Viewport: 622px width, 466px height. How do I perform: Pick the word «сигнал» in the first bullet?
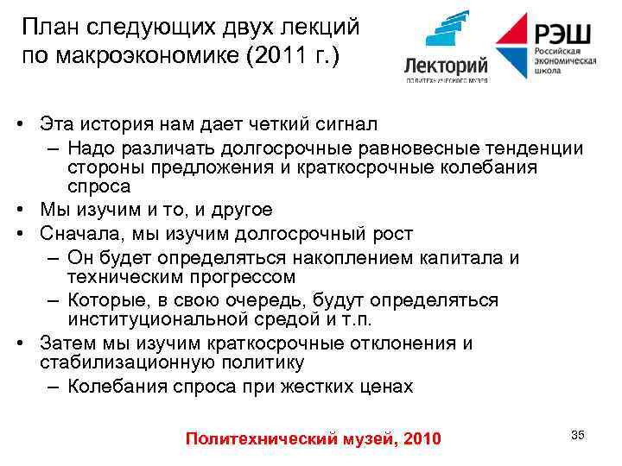click(342, 125)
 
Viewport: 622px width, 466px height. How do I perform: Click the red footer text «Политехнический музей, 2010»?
click(313, 439)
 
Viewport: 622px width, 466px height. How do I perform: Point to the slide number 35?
click(577, 435)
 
